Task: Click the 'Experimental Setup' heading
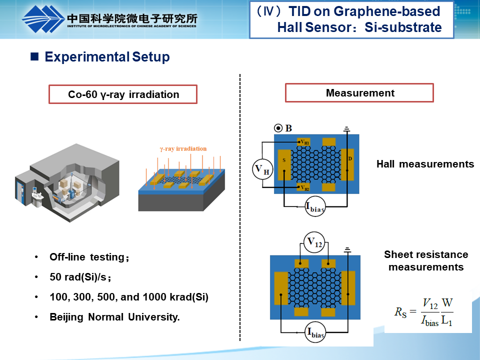[x=107, y=57]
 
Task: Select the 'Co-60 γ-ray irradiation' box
[x=123, y=94]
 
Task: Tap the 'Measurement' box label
[x=359, y=93]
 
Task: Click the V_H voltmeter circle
[x=262, y=170]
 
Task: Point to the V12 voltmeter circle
[x=314, y=243]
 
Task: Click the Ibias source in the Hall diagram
[x=315, y=206]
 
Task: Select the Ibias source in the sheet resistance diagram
[x=315, y=332]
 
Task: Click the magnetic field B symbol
[x=278, y=128]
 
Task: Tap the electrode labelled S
[x=284, y=164]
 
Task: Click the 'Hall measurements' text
[x=425, y=164]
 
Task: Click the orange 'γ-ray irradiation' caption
[x=183, y=148]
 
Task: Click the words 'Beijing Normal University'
[x=114, y=317]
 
